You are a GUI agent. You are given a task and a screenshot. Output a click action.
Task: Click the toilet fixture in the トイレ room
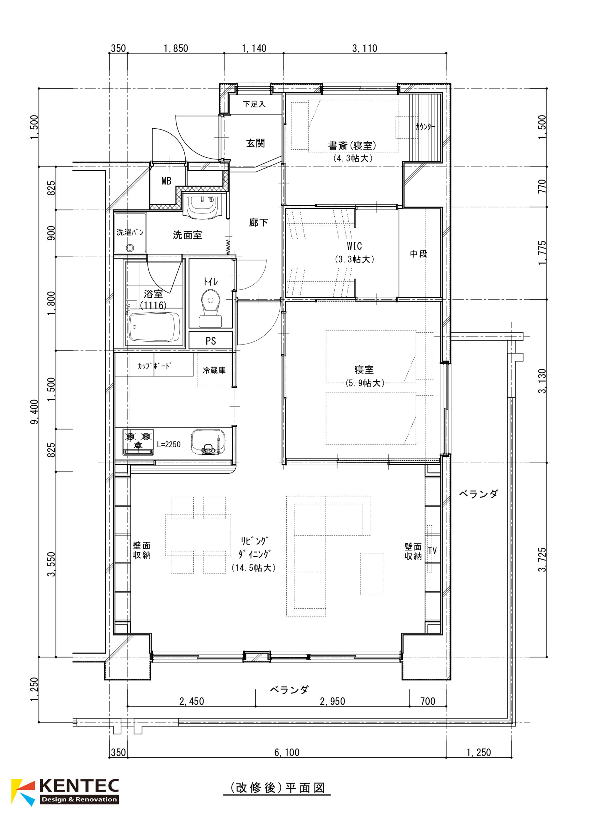(x=211, y=309)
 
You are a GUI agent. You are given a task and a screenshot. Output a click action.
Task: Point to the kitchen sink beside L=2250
(x=208, y=442)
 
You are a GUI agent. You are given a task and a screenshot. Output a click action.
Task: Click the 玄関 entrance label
(x=255, y=143)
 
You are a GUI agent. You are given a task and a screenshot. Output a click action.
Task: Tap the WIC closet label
(x=354, y=246)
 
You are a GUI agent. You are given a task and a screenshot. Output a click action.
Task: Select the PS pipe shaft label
(x=211, y=341)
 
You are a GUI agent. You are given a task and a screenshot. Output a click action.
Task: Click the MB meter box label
(x=166, y=181)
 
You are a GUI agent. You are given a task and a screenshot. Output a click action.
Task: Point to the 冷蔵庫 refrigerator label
(x=214, y=370)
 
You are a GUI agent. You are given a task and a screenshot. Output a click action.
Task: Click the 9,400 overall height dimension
(x=34, y=412)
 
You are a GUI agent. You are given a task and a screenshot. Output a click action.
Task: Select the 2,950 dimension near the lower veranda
(x=332, y=701)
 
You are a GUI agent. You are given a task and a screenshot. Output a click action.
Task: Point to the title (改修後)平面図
(x=277, y=788)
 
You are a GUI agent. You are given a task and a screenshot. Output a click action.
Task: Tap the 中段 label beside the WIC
(x=419, y=254)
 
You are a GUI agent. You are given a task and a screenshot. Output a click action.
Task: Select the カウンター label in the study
(x=425, y=126)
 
